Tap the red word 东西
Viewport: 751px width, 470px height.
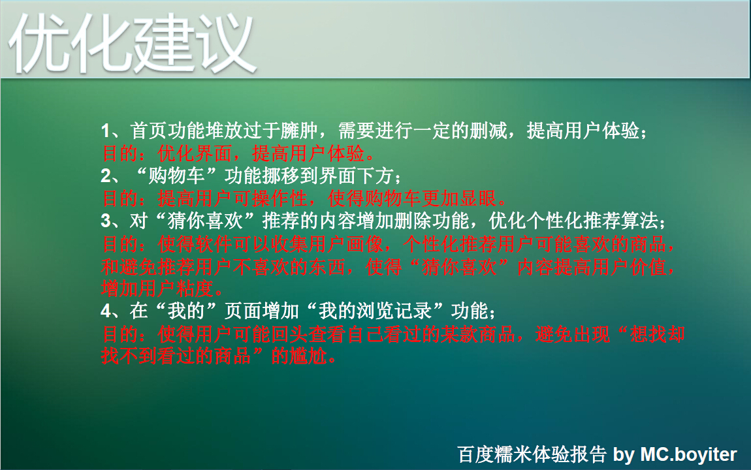coord(328,266)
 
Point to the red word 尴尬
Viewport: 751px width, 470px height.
coord(309,356)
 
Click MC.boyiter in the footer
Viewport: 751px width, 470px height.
coord(688,454)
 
